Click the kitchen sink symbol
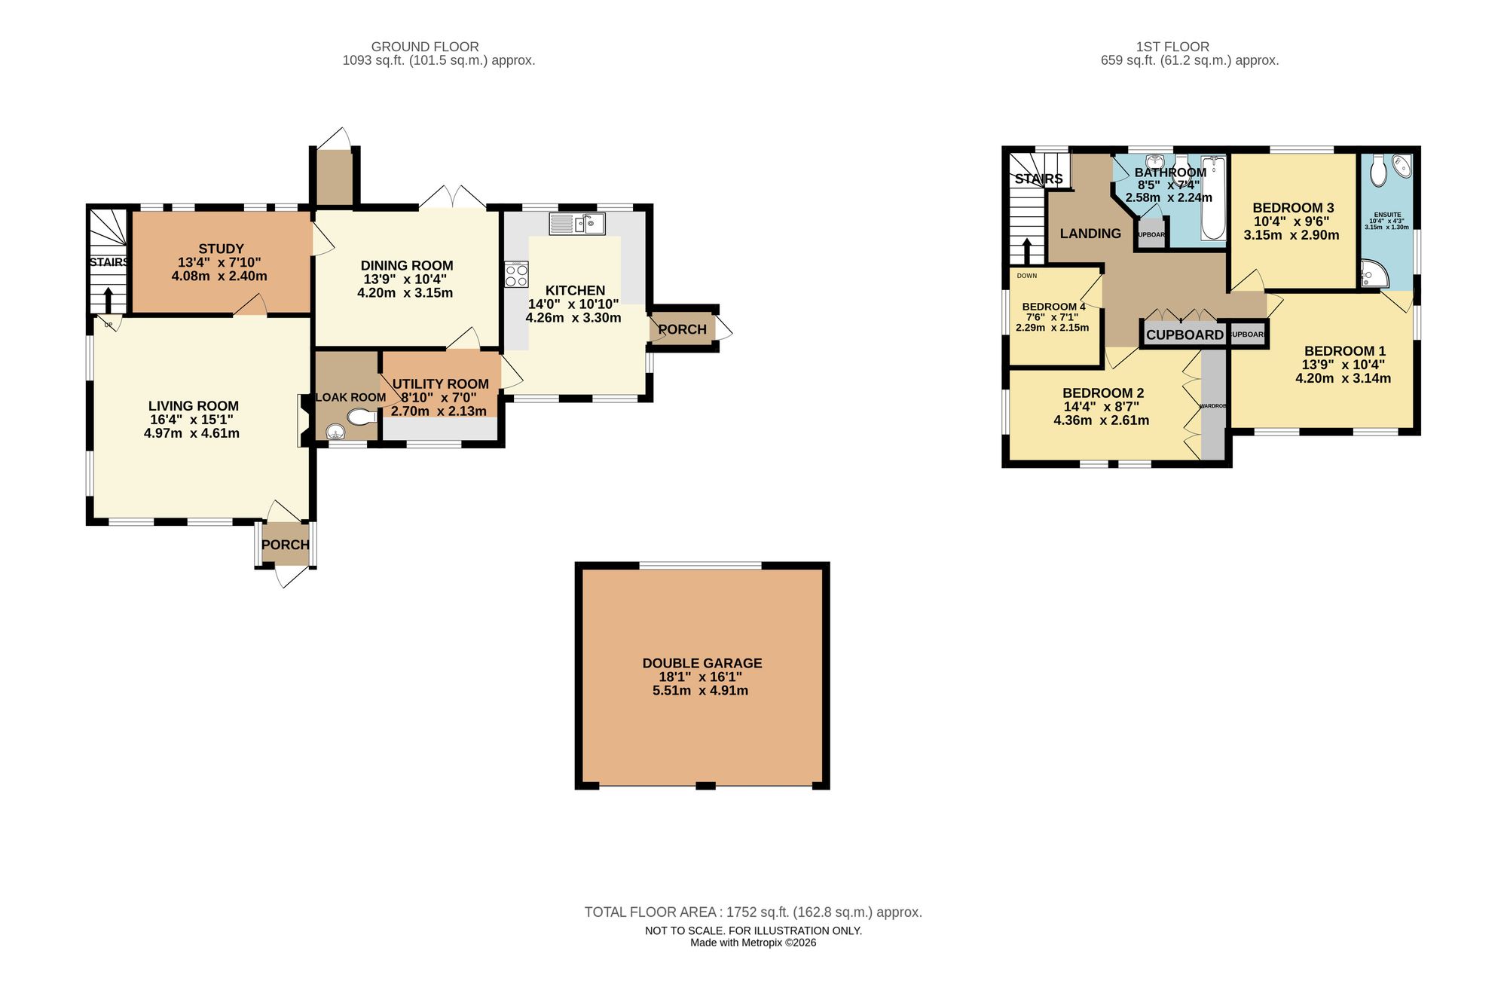(577, 224)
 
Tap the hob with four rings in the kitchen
(517, 274)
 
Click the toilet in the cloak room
(363, 417)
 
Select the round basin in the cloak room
(335, 431)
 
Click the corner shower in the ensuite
(1374, 274)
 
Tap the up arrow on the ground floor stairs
(109, 299)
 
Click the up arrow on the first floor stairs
(1027, 252)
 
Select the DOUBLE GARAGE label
(702, 663)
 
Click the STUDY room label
(221, 249)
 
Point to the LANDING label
(1090, 234)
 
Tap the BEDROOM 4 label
(1053, 307)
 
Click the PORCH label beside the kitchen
(682, 329)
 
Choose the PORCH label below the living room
(286, 545)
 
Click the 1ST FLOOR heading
(1172, 47)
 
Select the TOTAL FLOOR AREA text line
(753, 912)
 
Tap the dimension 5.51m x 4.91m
(700, 690)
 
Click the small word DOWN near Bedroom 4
(1026, 276)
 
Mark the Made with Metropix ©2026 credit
(753, 943)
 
